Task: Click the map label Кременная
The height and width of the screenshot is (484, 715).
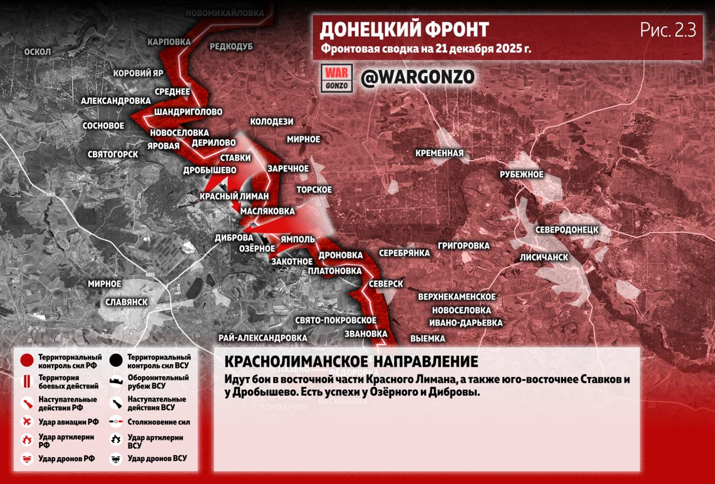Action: (x=439, y=153)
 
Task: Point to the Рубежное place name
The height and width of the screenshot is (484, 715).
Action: (x=521, y=174)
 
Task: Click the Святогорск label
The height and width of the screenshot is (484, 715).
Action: (x=113, y=154)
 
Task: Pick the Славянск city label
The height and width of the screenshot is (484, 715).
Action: (x=126, y=302)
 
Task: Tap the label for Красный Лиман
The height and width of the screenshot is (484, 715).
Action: (x=234, y=197)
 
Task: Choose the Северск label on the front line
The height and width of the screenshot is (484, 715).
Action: (x=385, y=284)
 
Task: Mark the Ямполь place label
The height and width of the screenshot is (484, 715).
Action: (x=298, y=239)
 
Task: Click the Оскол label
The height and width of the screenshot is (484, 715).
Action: (x=37, y=52)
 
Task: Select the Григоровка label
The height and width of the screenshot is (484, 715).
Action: (x=464, y=246)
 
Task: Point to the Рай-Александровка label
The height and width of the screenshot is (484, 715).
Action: (x=263, y=338)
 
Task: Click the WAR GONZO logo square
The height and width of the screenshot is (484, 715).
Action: (x=337, y=78)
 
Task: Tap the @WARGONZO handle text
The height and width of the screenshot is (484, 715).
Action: (x=417, y=77)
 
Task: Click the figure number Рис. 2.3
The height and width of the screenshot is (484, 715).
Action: (x=668, y=31)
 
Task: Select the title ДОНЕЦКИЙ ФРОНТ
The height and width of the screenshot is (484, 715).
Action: (x=404, y=29)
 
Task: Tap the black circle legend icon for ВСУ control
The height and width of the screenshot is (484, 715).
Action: (x=117, y=361)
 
